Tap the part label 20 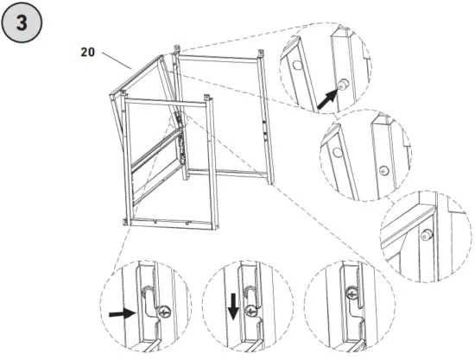click(87, 51)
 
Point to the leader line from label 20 click(117, 60)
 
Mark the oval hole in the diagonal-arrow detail click(297, 64)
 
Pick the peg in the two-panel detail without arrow click(382, 171)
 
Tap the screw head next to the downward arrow click(250, 312)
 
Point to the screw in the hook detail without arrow click(354, 295)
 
